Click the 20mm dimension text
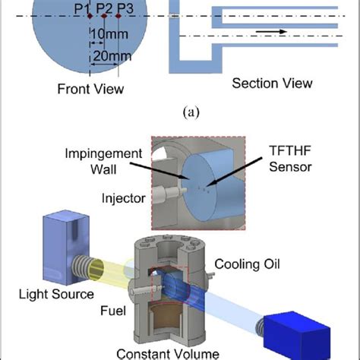[x=111, y=56]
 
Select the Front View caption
[x=90, y=88]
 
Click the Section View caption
[x=272, y=83]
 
